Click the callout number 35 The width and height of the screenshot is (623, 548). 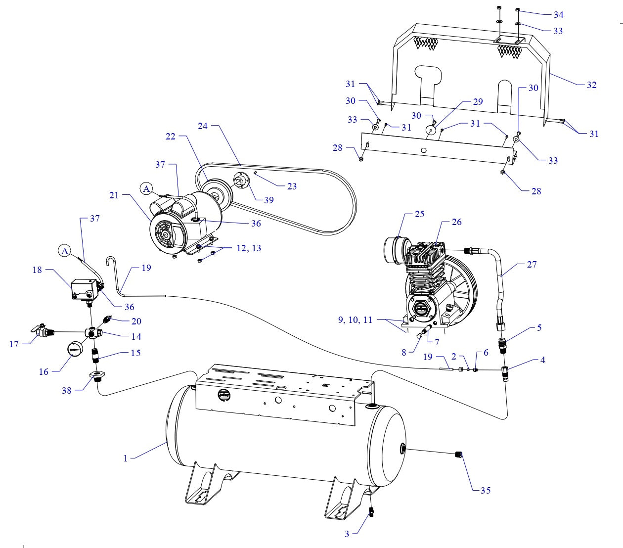pos(486,490)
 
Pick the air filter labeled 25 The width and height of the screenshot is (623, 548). pos(396,247)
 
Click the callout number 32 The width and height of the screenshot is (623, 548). pos(591,85)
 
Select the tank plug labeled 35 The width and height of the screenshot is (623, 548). pos(457,454)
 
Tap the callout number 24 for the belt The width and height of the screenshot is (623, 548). pos(203,126)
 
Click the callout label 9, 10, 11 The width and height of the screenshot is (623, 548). pos(355,320)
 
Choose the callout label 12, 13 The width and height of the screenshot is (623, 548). pos(249,248)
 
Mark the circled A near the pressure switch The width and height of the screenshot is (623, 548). pos(64,251)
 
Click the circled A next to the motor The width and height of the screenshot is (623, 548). pos(146,188)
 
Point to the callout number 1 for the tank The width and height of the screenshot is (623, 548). pos(126,458)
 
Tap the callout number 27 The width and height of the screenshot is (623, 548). pos(532,265)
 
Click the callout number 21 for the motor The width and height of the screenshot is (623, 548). pos(114,195)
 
